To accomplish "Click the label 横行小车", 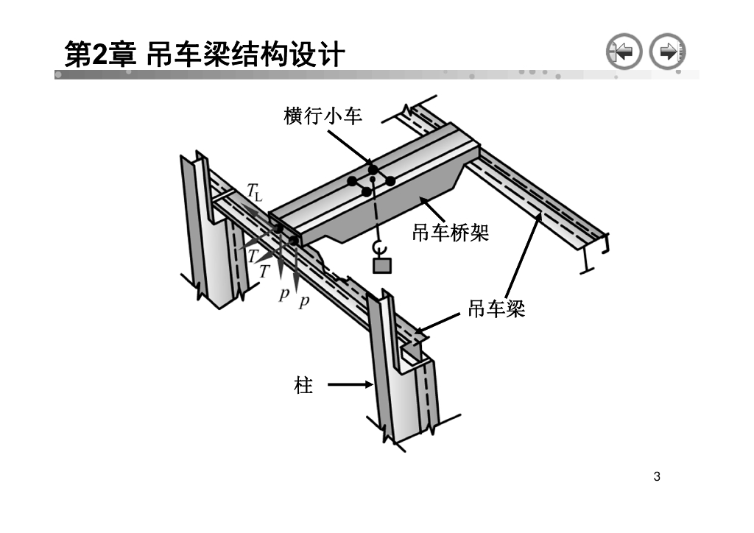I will (x=323, y=116).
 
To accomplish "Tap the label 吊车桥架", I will (x=451, y=233).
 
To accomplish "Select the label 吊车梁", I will (x=497, y=309).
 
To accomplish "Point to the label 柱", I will (x=304, y=384).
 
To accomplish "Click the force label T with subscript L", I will (x=254, y=194).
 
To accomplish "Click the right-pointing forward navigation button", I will (x=668, y=52).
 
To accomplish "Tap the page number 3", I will (x=657, y=476).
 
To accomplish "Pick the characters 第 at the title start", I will (x=75, y=54).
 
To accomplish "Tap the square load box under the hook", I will (x=382, y=265).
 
